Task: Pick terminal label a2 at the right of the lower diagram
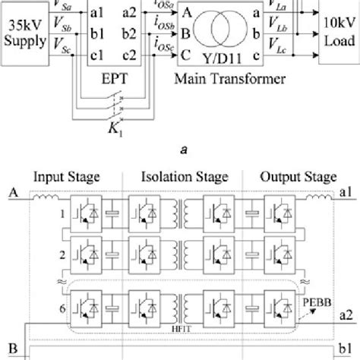pos(346,314)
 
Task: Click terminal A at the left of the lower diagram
pos(11,193)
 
